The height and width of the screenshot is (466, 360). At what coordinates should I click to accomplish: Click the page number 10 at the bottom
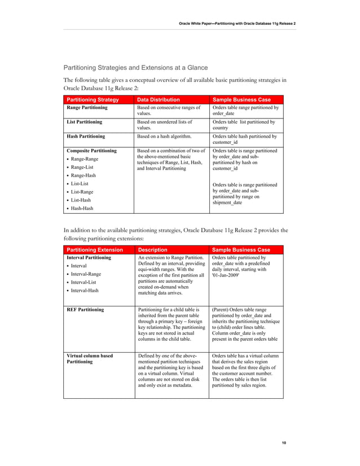[284, 443]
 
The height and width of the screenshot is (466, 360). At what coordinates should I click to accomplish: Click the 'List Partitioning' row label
[85, 122]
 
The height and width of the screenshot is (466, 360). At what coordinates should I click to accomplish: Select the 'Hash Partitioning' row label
[86, 136]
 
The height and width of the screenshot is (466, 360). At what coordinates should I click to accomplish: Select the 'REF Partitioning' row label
[85, 310]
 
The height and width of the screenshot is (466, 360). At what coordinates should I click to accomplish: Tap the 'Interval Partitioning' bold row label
[89, 258]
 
